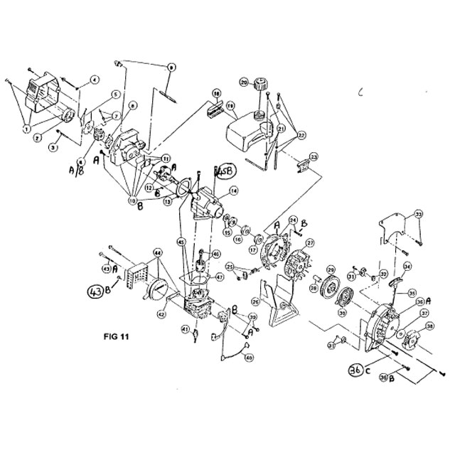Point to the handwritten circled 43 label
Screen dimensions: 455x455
click(95, 290)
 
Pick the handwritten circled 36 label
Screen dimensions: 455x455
click(356, 368)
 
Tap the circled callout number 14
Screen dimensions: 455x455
click(234, 191)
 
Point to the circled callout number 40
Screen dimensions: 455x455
click(248, 358)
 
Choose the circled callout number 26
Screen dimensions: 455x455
click(255, 301)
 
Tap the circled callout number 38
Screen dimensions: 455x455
click(429, 327)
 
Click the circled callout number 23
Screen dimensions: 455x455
click(314, 156)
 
